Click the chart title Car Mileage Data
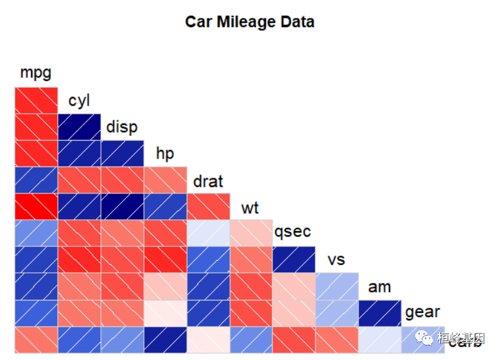pos(250,22)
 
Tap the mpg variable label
pos(36,72)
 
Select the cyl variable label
pos(79,100)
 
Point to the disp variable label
pos(122,127)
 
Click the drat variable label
pos(208,181)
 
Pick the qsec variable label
pos(292,233)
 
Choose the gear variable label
pos(422,312)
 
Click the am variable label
pos(380,287)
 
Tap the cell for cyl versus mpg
pos(36,100)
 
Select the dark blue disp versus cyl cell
pos(79,127)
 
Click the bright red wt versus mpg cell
pos(36,207)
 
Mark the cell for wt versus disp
pos(122,207)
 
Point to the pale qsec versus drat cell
pos(208,233)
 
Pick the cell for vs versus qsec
pos(294,260)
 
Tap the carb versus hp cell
pos(165,340)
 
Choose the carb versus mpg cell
pos(36,340)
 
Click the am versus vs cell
pos(337,286)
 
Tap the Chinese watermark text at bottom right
pos(461,339)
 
